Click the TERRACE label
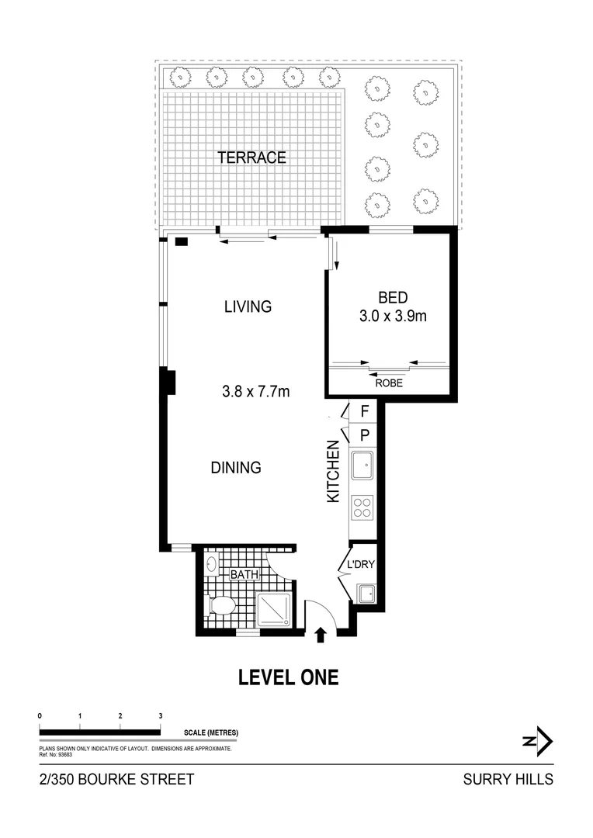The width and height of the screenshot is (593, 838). (251, 158)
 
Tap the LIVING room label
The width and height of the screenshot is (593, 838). (248, 306)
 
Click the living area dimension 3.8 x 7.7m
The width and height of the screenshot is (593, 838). (255, 392)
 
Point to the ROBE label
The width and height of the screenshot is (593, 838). (389, 383)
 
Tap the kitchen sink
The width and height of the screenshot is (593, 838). (362, 466)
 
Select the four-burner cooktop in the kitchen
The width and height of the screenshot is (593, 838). (362, 507)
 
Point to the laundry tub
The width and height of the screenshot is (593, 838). (365, 594)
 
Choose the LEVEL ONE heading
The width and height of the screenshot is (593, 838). (288, 677)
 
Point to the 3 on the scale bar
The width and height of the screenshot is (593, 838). (160, 715)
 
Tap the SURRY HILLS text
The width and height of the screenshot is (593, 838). (508, 780)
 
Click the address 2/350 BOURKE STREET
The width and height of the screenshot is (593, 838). (116, 780)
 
